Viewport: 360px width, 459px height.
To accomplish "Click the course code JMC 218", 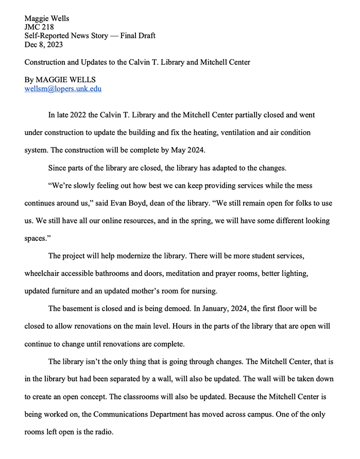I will tap(39, 27).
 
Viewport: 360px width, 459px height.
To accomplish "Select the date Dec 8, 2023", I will tap(44, 44).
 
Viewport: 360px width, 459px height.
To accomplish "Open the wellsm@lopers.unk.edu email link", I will tap(63, 89).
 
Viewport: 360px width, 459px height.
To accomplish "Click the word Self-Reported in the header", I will tap(47, 36).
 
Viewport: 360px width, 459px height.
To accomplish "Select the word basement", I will tap(79, 309).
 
